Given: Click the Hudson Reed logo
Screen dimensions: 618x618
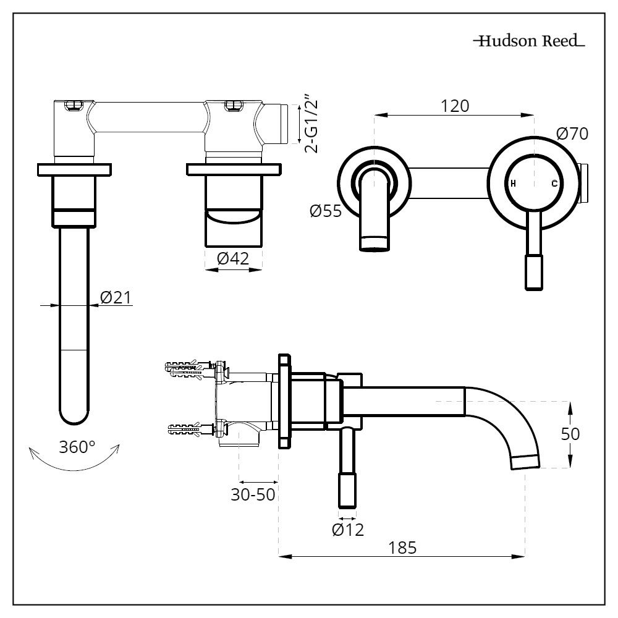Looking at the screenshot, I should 528,42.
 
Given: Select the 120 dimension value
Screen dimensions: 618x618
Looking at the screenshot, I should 455,106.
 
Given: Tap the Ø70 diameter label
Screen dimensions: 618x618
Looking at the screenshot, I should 572,133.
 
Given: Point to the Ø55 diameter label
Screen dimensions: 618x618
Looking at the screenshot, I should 325,211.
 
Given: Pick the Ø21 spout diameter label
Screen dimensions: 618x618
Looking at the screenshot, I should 116,298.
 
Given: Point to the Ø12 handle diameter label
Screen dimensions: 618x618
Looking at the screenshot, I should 347,529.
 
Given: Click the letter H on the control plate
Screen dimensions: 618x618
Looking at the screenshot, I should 513,184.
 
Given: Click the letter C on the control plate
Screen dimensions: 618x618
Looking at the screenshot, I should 554,184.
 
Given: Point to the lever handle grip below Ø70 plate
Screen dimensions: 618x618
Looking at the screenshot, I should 533,272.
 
